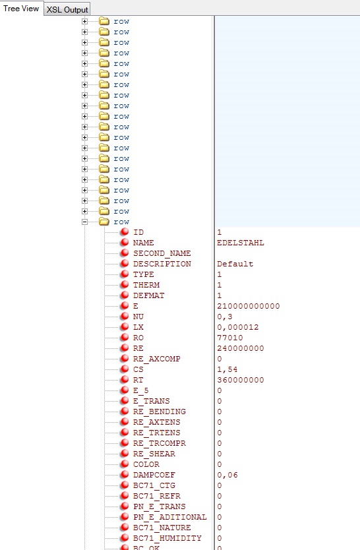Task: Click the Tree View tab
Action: click(21, 9)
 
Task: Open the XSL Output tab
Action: click(67, 9)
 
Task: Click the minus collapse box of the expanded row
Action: click(84, 222)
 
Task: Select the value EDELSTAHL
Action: click(241, 243)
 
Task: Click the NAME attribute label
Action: click(143, 243)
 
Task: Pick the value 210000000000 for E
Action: click(248, 306)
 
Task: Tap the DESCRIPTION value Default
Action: click(235, 264)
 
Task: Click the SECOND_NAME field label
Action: click(162, 253)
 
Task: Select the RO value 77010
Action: click(230, 338)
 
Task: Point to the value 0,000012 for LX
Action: click(237, 327)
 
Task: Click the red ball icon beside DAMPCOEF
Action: click(125, 474)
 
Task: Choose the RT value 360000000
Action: click(241, 380)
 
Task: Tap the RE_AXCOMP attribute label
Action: click(157, 359)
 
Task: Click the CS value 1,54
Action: click(227, 369)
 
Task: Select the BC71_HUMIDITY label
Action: click(167, 538)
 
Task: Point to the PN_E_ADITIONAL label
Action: click(170, 517)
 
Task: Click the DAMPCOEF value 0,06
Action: click(227, 475)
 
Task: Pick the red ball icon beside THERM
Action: click(125, 284)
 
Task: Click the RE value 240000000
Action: click(241, 348)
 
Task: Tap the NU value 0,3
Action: click(225, 317)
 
